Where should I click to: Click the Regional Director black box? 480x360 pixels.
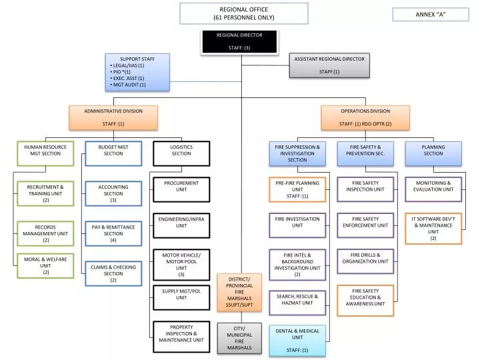(x=239, y=41)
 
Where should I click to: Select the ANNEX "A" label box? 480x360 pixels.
(x=431, y=15)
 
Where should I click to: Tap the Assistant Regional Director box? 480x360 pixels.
(x=329, y=65)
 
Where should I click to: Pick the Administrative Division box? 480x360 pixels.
(x=113, y=117)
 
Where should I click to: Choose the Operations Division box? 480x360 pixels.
(x=365, y=117)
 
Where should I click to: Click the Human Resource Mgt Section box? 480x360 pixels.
(x=45, y=153)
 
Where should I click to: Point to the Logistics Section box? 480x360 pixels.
(x=181, y=153)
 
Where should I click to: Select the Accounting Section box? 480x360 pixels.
(x=113, y=194)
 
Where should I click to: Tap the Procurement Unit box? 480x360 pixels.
(x=181, y=189)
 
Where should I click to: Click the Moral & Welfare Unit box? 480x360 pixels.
(x=45, y=265)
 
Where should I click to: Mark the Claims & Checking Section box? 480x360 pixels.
(x=113, y=273)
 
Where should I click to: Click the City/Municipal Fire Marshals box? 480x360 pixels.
(x=239, y=338)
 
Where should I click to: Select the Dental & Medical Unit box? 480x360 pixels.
(x=297, y=340)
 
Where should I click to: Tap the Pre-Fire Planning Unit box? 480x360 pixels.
(x=297, y=189)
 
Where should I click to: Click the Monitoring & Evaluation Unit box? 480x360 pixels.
(x=433, y=189)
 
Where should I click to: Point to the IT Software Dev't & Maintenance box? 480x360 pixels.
(x=433, y=228)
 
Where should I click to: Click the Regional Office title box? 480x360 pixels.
(x=243, y=13)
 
